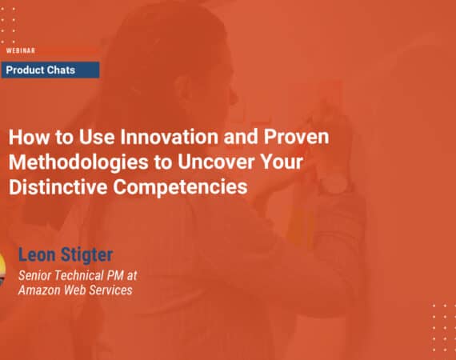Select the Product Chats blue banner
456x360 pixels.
click(x=50, y=70)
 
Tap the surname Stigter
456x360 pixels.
click(x=99, y=258)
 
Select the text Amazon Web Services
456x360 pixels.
click(x=75, y=290)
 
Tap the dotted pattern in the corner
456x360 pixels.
click(x=442, y=328)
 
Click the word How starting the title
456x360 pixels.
click(x=25, y=136)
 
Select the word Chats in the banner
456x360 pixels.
click(x=62, y=70)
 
